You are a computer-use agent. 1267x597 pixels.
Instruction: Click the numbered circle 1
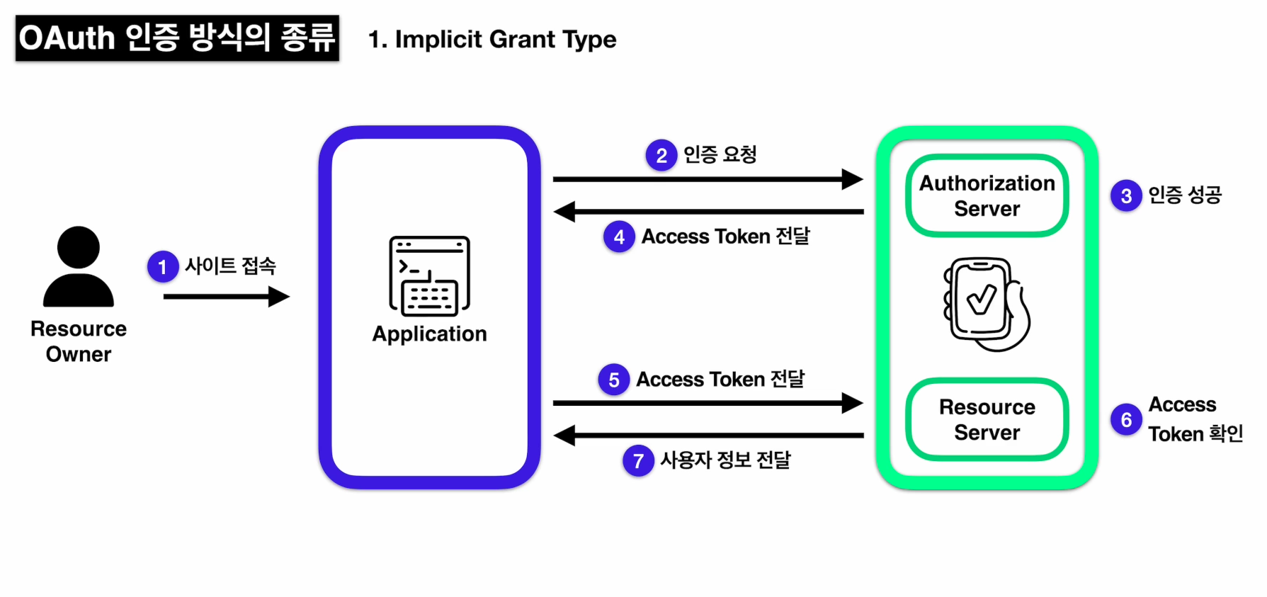pyautogui.click(x=163, y=267)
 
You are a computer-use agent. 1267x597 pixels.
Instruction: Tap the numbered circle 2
pyautogui.click(x=661, y=155)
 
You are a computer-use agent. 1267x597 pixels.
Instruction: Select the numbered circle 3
pyautogui.click(x=1126, y=195)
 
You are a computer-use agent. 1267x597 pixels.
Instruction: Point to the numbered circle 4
pyautogui.click(x=619, y=237)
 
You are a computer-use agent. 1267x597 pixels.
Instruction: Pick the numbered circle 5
pyautogui.click(x=614, y=380)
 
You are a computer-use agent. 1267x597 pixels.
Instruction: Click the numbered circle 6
pyautogui.click(x=1126, y=420)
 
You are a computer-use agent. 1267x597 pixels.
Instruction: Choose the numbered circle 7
pyautogui.click(x=638, y=461)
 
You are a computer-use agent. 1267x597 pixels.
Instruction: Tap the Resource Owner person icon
pyautogui.click(x=79, y=267)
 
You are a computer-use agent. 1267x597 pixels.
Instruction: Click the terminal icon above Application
pyautogui.click(x=429, y=276)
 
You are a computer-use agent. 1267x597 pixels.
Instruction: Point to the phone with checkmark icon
pyautogui.click(x=987, y=305)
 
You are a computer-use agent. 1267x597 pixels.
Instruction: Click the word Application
pyautogui.click(x=430, y=334)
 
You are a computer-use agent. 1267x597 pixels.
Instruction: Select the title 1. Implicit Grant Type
pyautogui.click(x=492, y=40)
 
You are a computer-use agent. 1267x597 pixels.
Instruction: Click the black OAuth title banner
pyautogui.click(x=177, y=38)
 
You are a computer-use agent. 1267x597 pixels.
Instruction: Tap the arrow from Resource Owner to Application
pyautogui.click(x=227, y=297)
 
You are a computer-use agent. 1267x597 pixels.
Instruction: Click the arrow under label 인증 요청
pyautogui.click(x=708, y=180)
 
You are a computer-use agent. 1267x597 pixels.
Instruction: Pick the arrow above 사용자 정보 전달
pyautogui.click(x=708, y=436)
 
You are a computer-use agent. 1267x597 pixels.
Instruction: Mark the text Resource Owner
pyautogui.click(x=79, y=341)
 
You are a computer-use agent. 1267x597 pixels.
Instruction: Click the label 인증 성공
pyautogui.click(x=1185, y=195)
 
